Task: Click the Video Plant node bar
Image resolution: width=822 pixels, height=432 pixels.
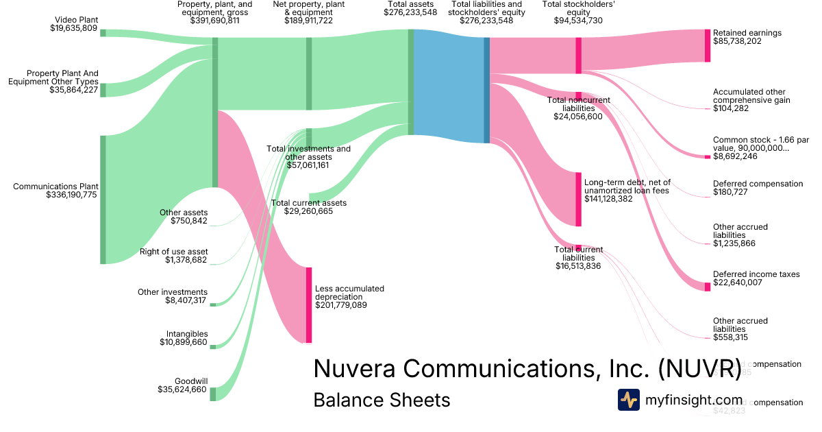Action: [103, 32]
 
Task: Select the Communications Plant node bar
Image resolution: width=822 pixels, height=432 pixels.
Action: [103, 199]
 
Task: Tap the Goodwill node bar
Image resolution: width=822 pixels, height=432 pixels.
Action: [212, 394]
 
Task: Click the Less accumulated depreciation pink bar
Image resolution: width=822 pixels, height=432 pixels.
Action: [309, 304]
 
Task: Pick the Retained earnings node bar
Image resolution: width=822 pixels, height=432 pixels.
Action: [708, 45]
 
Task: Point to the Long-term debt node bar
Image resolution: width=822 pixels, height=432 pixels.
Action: [579, 199]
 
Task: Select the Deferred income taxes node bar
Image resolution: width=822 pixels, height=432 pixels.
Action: [708, 286]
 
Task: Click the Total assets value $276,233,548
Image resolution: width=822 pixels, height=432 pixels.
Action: [410, 12]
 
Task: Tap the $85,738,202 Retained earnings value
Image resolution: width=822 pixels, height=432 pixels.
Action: [747, 42]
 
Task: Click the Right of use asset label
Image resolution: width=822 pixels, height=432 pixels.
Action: [174, 252]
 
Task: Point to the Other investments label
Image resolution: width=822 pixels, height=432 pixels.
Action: [173, 292]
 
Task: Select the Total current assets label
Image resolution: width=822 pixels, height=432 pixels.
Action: [309, 203]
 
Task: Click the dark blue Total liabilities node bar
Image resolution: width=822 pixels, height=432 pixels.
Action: [487, 90]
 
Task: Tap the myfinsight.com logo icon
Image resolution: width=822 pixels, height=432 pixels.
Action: [628, 400]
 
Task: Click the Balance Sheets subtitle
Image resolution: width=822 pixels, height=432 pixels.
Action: [382, 400]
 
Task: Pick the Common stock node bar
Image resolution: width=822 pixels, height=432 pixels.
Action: [708, 157]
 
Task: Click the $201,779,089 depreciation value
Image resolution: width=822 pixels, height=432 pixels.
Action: [341, 305]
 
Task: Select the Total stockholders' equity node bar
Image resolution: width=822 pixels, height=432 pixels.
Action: [579, 54]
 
